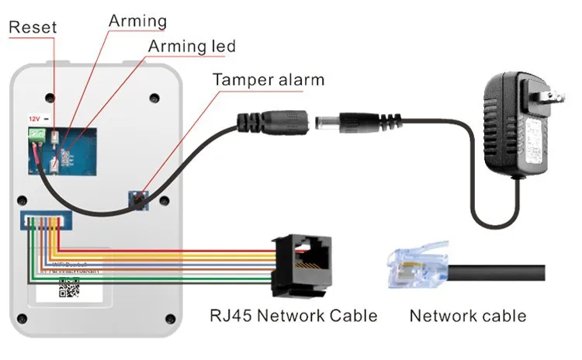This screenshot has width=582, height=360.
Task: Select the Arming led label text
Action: click(x=192, y=47)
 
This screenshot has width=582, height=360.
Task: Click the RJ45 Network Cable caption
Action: click(x=293, y=316)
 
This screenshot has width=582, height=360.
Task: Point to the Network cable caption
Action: click(x=467, y=316)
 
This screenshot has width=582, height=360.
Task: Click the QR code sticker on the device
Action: click(x=71, y=290)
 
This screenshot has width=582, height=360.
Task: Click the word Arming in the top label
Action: click(x=137, y=19)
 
